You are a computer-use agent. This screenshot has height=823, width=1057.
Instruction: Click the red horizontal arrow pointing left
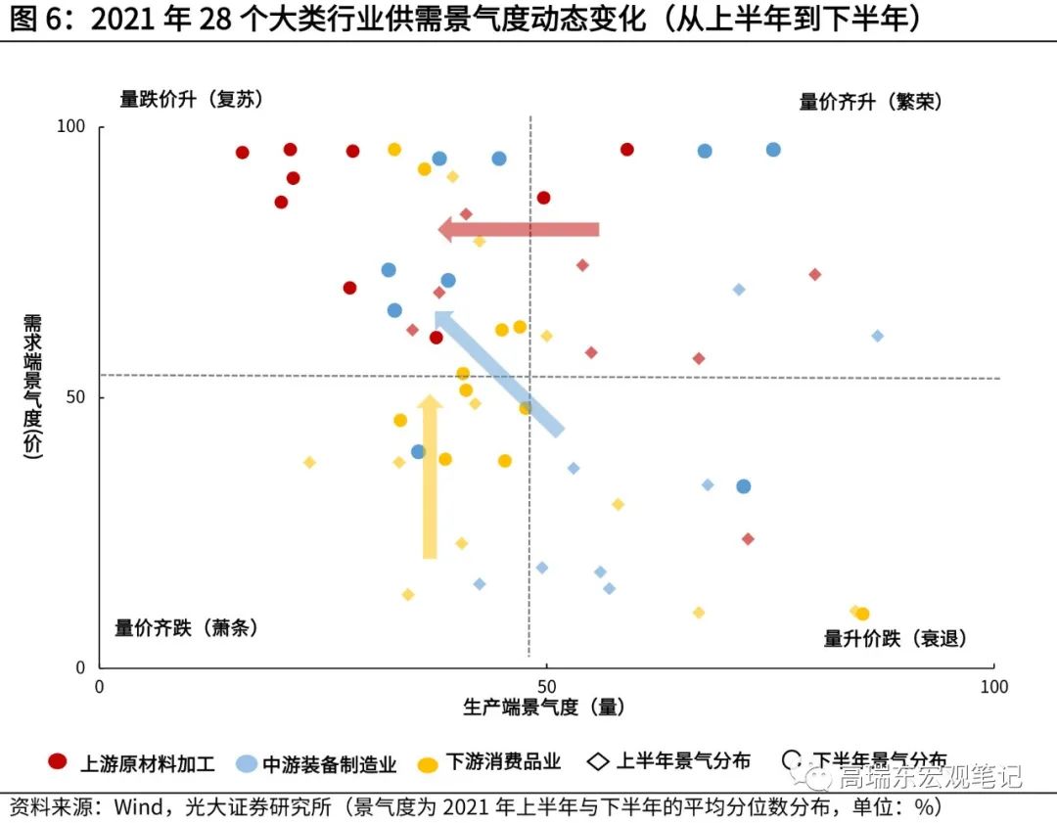[x=519, y=229]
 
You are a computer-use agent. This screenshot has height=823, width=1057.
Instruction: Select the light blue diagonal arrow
[x=498, y=373]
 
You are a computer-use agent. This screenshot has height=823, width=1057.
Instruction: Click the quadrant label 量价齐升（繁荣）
[x=870, y=102]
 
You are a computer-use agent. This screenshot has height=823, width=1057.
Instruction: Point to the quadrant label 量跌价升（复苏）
[x=191, y=99]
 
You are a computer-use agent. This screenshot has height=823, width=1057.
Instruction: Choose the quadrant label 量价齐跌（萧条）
[x=186, y=628]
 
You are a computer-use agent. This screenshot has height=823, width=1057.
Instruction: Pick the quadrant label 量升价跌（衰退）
[x=895, y=638]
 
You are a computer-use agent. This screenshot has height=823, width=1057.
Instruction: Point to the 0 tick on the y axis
[x=82, y=667]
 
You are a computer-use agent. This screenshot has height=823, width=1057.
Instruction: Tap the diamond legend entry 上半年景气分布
[x=670, y=761]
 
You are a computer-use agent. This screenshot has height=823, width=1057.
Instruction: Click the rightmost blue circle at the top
[x=773, y=150]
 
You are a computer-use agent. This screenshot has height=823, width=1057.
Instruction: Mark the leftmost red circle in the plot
[x=243, y=152]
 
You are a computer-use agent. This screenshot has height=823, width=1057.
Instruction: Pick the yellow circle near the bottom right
[x=862, y=614]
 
